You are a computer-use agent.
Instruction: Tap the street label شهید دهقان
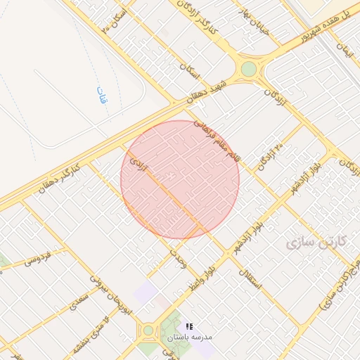coord(209,91)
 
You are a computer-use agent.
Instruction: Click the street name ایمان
coord(344,49)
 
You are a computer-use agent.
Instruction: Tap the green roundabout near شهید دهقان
coord(249,69)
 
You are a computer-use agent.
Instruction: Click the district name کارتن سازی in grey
coord(317,242)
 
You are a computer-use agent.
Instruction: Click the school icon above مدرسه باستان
coord(189,326)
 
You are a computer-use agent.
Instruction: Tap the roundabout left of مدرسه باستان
coord(148,330)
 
